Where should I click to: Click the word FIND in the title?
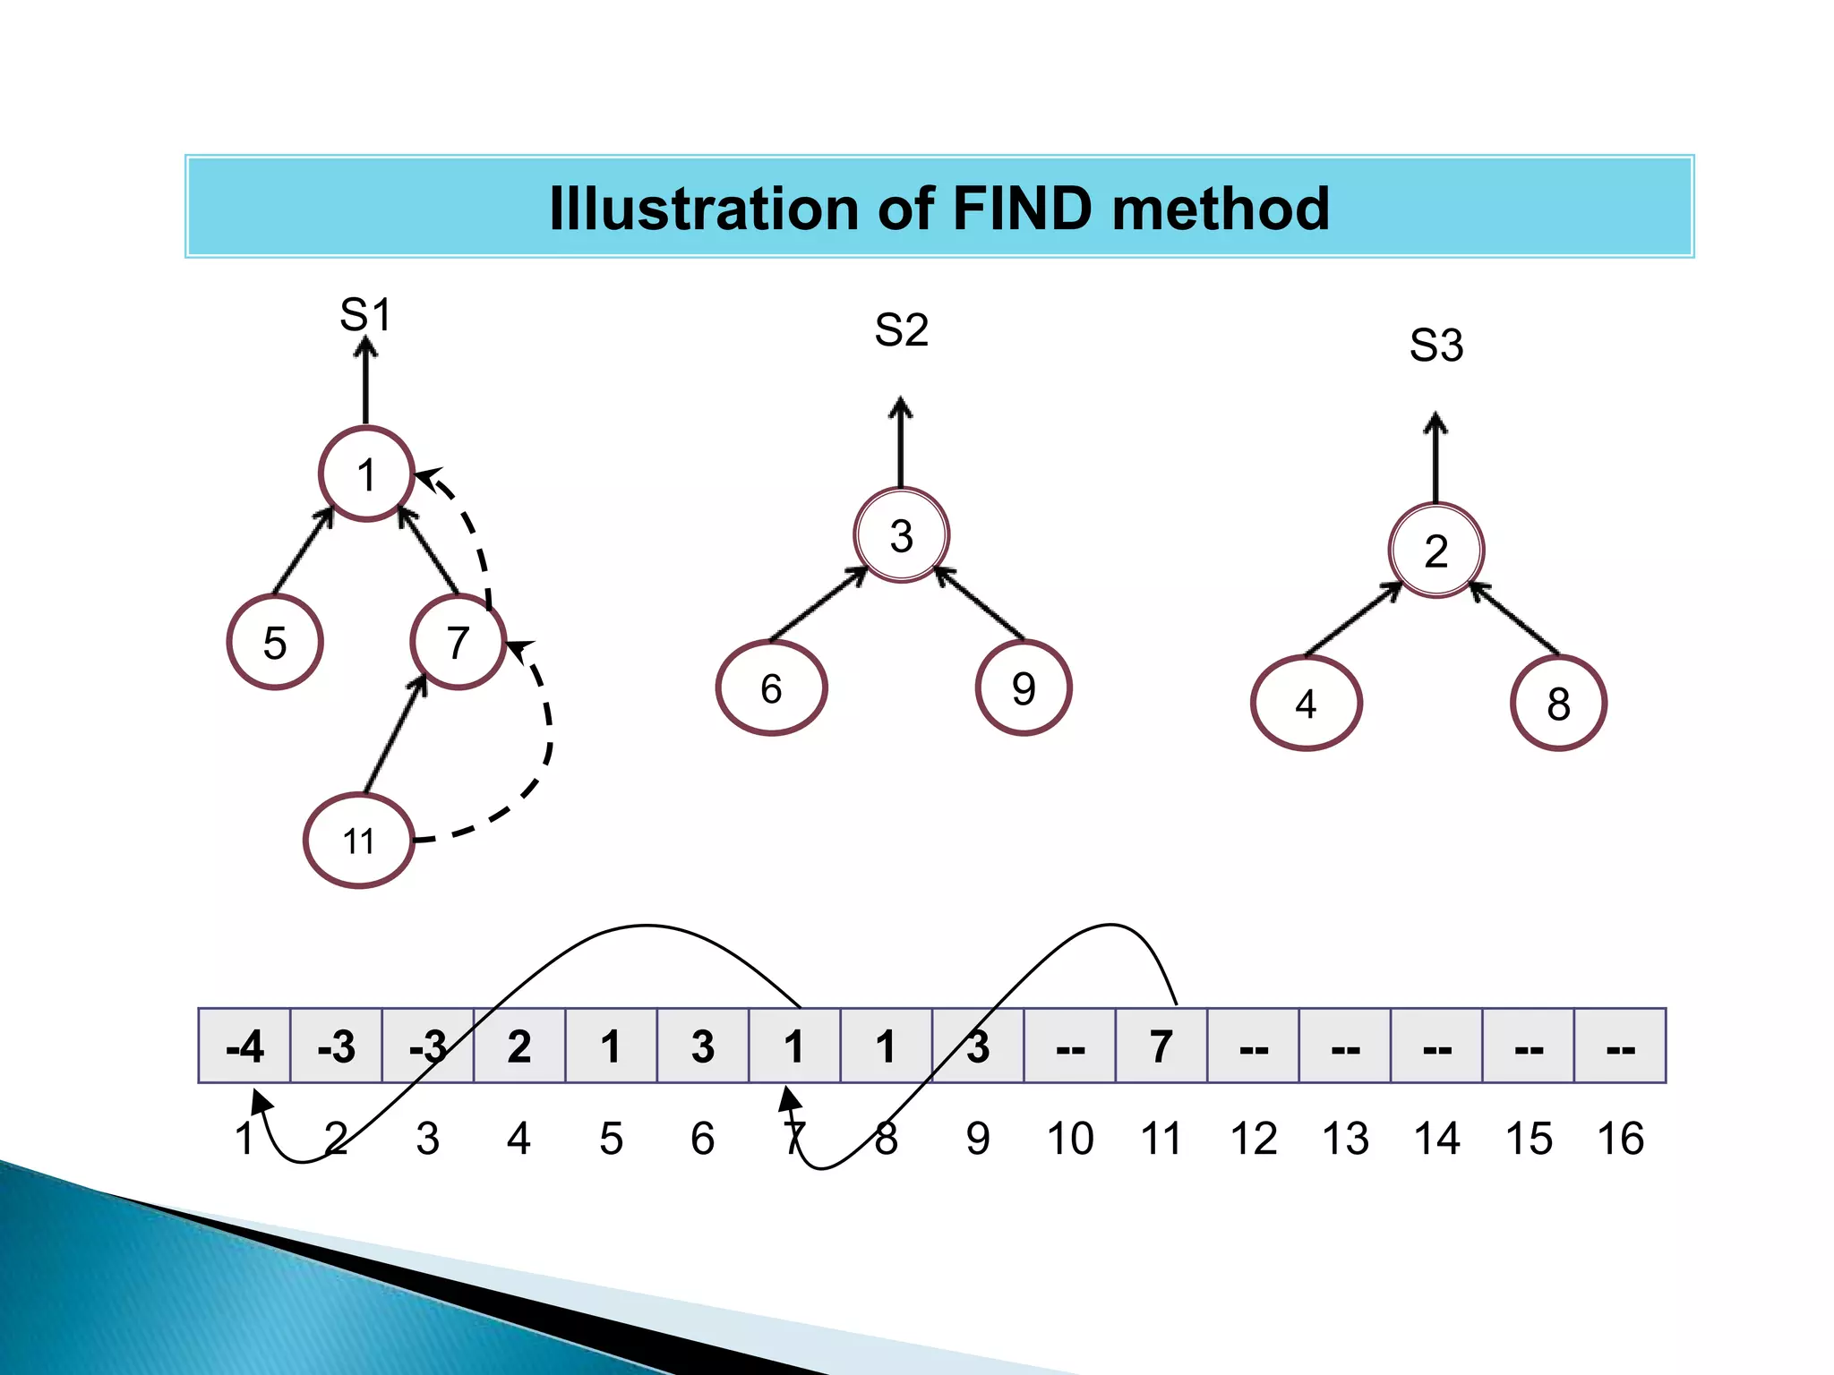pyautogui.click(x=1022, y=209)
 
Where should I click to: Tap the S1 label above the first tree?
pyautogui.click(x=365, y=315)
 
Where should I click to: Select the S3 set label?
pyautogui.click(x=1435, y=346)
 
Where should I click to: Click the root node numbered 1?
pyautogui.click(x=366, y=474)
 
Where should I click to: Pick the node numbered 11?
pyautogui.click(x=359, y=841)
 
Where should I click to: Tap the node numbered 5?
pyautogui.click(x=275, y=643)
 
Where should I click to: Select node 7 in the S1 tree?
pyautogui.click(x=458, y=643)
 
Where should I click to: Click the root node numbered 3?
pyautogui.click(x=901, y=536)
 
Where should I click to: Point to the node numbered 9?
pyautogui.click(x=1024, y=688)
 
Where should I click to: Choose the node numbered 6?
pyautogui.click(x=771, y=688)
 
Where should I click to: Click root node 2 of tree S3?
pyautogui.click(x=1435, y=551)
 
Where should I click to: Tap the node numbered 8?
pyautogui.click(x=1558, y=704)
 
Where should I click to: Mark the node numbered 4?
pyautogui.click(x=1306, y=704)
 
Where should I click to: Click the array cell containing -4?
pyautogui.click(x=244, y=1046)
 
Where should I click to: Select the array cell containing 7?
pyautogui.click(x=1161, y=1046)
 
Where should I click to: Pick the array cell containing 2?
pyautogui.click(x=519, y=1046)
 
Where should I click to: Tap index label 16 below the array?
pyautogui.click(x=1620, y=1139)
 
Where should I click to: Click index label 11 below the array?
pyautogui.click(x=1161, y=1139)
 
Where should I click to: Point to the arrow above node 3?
pyautogui.click(x=901, y=443)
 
